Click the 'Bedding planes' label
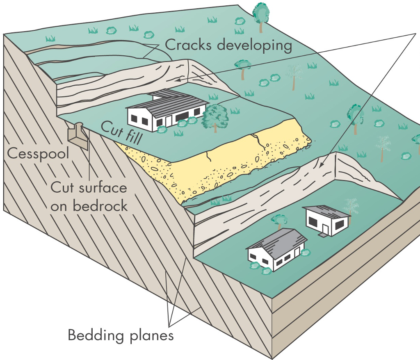click(121, 335)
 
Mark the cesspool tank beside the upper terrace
click(78, 137)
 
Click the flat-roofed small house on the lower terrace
click(326, 221)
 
